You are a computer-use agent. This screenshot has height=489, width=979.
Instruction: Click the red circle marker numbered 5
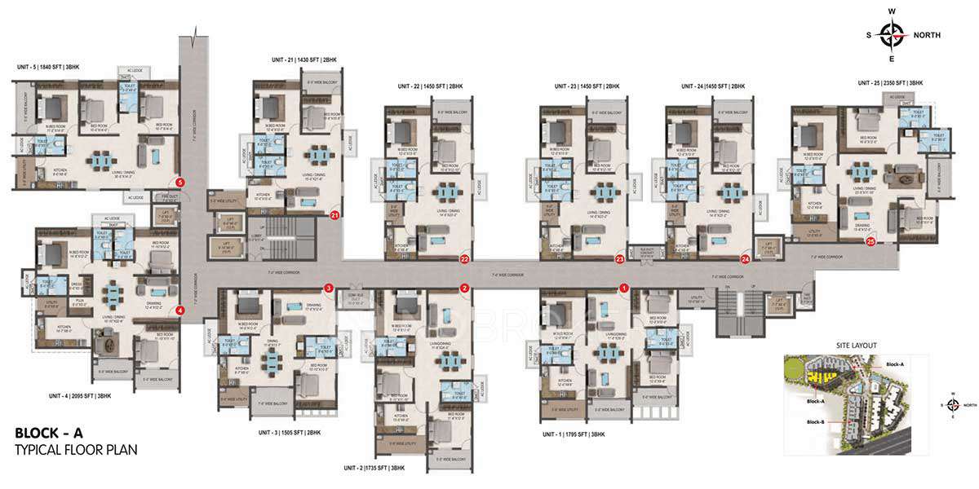coord(179,183)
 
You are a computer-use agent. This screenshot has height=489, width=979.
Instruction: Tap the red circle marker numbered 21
coord(334,216)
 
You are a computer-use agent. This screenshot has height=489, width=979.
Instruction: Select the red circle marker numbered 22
coord(464,260)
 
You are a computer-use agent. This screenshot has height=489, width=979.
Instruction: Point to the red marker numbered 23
coord(619,260)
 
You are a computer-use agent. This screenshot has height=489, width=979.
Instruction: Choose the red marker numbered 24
coord(745,260)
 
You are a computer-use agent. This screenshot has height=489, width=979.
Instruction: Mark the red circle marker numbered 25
coord(870,242)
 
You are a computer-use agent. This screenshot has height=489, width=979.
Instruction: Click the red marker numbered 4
coord(179,309)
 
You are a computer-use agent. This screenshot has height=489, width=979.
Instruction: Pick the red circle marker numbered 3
coord(328,288)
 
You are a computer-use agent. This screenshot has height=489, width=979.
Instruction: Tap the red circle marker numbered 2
coord(464,288)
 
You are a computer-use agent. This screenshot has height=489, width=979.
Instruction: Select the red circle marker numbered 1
coord(623,288)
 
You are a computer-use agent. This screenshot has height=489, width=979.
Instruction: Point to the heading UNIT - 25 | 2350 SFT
coord(890,83)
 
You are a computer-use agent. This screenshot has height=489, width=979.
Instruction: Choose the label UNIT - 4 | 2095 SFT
coord(79,396)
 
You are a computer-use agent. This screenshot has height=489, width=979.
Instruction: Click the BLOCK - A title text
coord(50,433)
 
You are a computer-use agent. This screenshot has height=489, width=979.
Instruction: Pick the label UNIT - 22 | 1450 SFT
coord(430,86)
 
